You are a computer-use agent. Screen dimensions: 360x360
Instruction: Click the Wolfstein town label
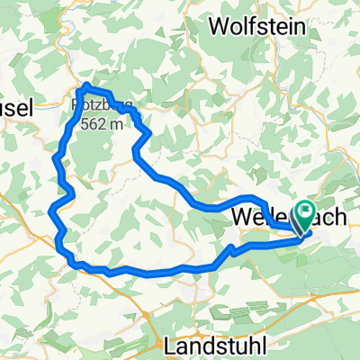(262, 25)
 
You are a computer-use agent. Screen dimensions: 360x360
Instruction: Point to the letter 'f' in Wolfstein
(255, 25)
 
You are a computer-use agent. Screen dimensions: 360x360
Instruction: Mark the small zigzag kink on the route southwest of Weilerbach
(231, 249)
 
